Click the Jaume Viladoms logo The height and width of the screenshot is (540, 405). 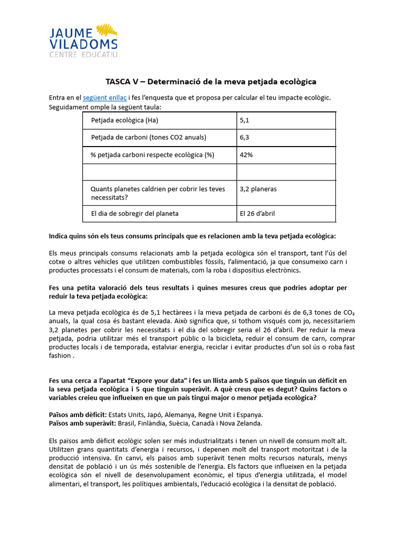(83, 40)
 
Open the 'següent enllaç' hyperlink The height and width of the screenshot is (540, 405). (105, 98)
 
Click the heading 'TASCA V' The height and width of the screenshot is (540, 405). (210, 81)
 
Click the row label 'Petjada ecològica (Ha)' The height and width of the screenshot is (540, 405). (124, 120)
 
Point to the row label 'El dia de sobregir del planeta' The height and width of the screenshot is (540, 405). (134, 214)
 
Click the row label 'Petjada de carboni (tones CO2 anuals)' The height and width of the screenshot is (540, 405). (148, 137)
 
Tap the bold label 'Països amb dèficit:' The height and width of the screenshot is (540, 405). (78, 414)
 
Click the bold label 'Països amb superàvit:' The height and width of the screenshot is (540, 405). (81, 423)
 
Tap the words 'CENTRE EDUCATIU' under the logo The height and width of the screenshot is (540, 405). (83, 54)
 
